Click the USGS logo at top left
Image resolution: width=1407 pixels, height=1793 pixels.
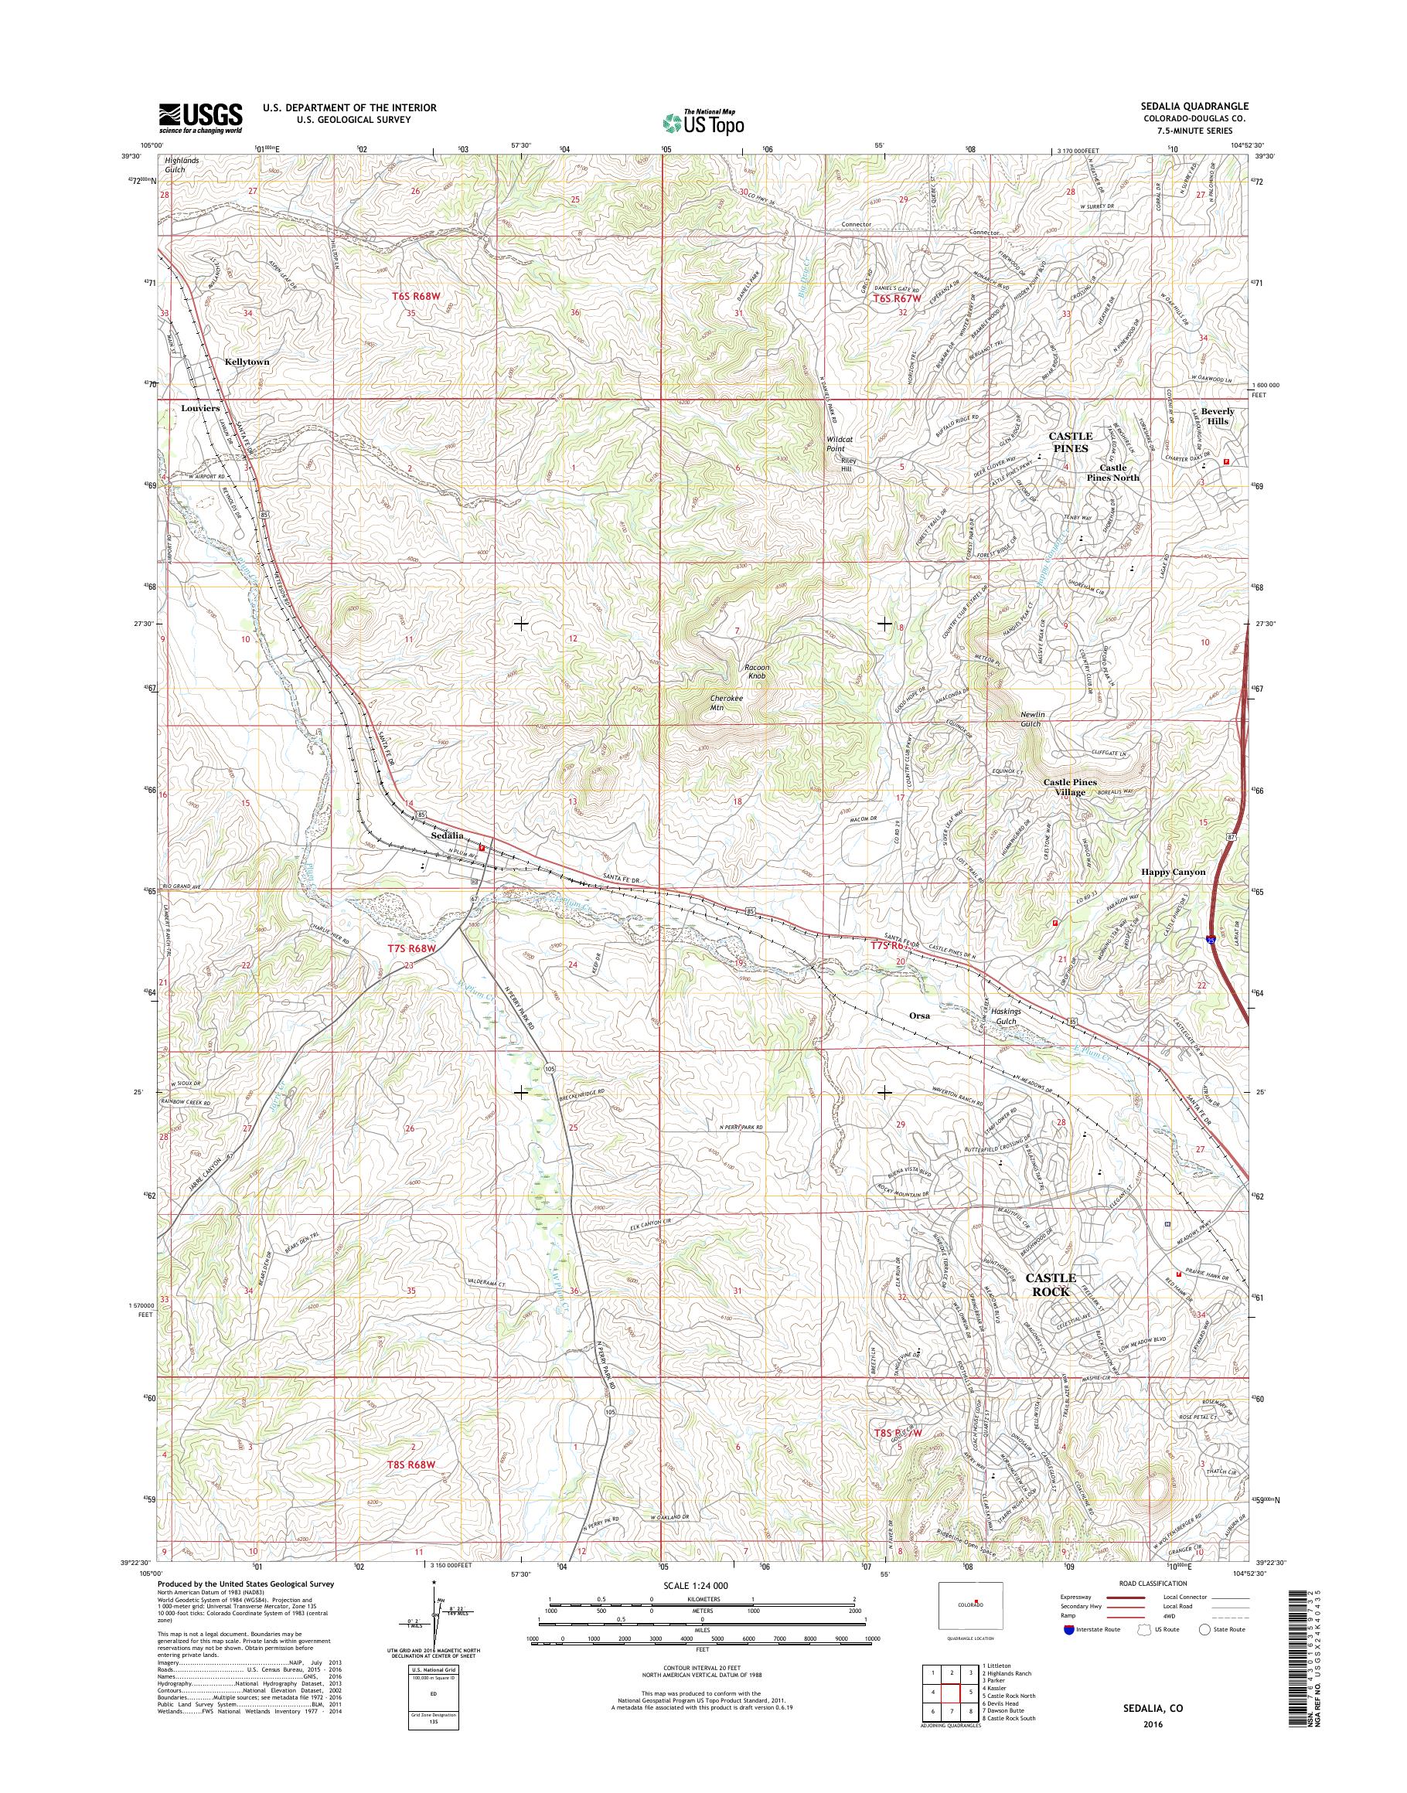[x=200, y=117]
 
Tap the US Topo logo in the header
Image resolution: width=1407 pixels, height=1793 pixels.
[x=703, y=123]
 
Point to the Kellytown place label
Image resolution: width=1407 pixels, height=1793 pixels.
[x=247, y=362]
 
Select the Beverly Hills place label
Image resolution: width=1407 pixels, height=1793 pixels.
[x=1218, y=416]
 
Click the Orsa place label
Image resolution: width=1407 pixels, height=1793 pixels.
[x=919, y=1016]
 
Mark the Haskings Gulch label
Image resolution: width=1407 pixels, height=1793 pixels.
[x=1006, y=1016]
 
